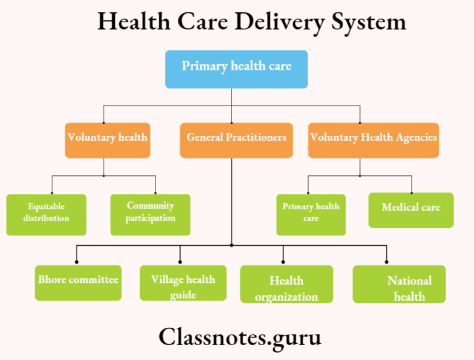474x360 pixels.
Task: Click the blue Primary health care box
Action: click(x=236, y=69)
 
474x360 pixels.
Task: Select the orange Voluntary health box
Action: click(x=107, y=140)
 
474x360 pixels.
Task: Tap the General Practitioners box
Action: click(x=236, y=140)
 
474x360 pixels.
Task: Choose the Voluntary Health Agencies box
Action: click(x=373, y=140)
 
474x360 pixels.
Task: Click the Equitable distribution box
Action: click(x=46, y=214)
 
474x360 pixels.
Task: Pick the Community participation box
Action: click(x=150, y=214)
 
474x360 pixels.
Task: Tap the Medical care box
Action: click(x=411, y=209)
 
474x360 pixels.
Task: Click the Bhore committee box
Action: click(x=78, y=282)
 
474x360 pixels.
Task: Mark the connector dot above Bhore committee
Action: click(x=77, y=262)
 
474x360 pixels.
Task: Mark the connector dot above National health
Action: click(x=387, y=262)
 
